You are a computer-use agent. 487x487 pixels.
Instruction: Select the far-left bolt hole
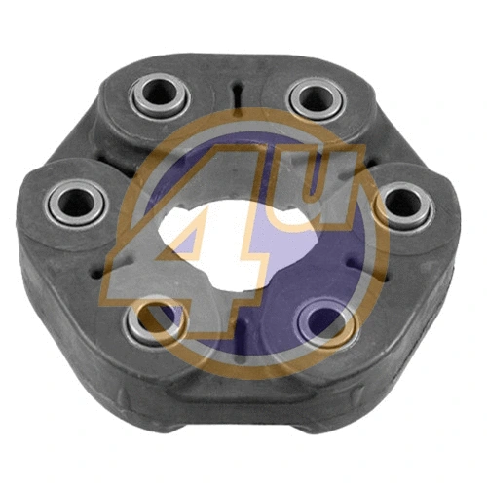pos(74,202)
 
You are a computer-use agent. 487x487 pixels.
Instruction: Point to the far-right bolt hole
pos(399,204)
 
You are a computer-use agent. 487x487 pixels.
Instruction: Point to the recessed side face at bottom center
pos(239,390)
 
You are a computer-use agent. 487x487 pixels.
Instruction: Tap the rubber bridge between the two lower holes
pos(239,331)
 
